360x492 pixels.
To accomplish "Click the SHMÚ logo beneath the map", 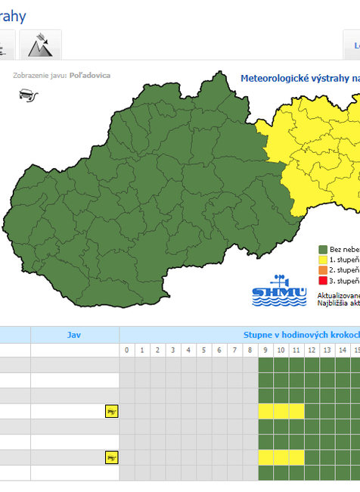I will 279,291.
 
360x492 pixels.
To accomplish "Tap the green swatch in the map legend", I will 322,249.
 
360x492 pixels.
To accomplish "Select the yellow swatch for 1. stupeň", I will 322,260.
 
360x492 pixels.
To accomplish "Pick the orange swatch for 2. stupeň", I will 322,270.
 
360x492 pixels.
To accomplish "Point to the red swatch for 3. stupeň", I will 322,281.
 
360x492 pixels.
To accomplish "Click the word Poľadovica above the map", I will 89,76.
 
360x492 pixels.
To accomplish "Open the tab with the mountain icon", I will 39,45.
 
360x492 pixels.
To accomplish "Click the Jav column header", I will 74,335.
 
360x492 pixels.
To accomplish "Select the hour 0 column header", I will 127,350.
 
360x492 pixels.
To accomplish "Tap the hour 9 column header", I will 265,350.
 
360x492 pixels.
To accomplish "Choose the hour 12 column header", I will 312,350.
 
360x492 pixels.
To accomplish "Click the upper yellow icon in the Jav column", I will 112,412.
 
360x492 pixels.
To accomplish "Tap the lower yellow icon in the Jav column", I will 112,457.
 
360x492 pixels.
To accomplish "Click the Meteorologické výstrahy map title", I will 299,78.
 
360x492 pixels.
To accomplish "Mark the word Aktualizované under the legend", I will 338,295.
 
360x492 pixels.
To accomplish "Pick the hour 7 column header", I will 234,350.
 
